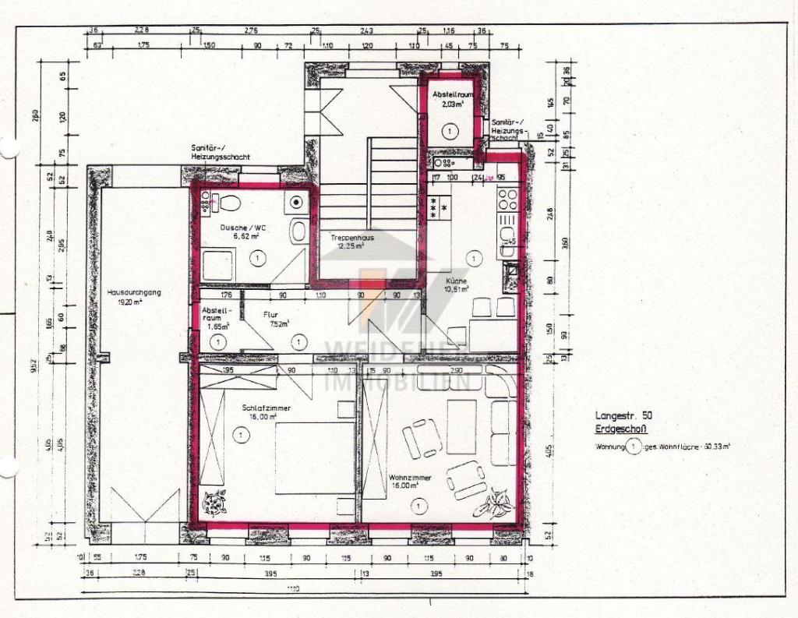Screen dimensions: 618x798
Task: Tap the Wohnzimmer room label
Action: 407,476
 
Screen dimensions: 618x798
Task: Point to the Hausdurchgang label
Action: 134,292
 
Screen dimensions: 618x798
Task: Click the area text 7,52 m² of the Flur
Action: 279,323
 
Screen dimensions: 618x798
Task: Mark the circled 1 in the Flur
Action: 298,341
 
